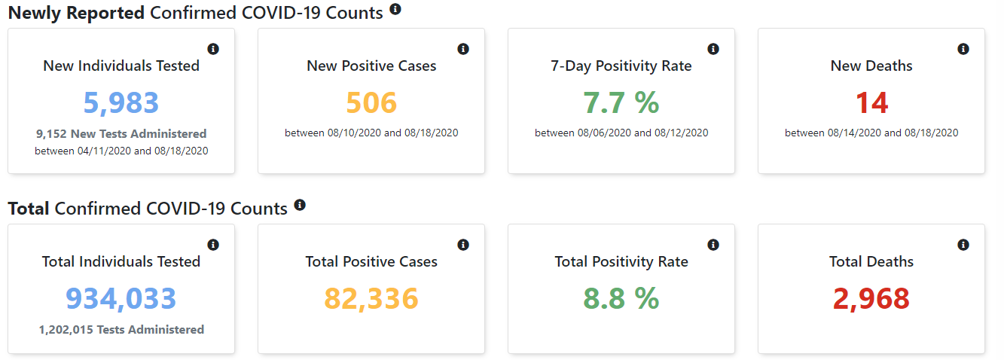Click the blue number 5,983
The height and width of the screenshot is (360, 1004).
point(121,102)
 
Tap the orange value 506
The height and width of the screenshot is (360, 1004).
point(371,102)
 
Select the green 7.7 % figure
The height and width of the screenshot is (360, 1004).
point(621,102)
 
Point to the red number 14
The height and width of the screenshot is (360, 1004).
point(871,102)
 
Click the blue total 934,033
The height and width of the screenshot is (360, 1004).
point(121,298)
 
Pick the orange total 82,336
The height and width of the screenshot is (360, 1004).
point(371,298)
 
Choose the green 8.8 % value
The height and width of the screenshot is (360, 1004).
point(621,298)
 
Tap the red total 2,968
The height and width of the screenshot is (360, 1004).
point(871,298)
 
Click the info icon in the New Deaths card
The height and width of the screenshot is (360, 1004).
point(963,49)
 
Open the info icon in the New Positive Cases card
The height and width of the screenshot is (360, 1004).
point(462,49)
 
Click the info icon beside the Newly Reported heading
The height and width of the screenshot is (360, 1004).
point(395,10)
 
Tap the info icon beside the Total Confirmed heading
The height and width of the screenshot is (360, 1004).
point(300,205)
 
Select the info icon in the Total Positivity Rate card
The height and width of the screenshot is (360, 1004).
point(713,245)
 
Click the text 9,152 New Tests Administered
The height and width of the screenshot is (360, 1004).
point(121,134)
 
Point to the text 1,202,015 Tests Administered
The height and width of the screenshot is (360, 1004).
point(121,330)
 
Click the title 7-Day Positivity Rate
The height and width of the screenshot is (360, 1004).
point(621,66)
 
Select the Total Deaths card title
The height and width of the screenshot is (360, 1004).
point(871,262)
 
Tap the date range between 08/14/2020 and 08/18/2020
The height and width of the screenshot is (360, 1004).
point(871,133)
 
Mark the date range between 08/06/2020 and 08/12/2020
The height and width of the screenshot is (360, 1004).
point(621,133)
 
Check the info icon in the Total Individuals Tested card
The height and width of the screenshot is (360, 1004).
point(212,245)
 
